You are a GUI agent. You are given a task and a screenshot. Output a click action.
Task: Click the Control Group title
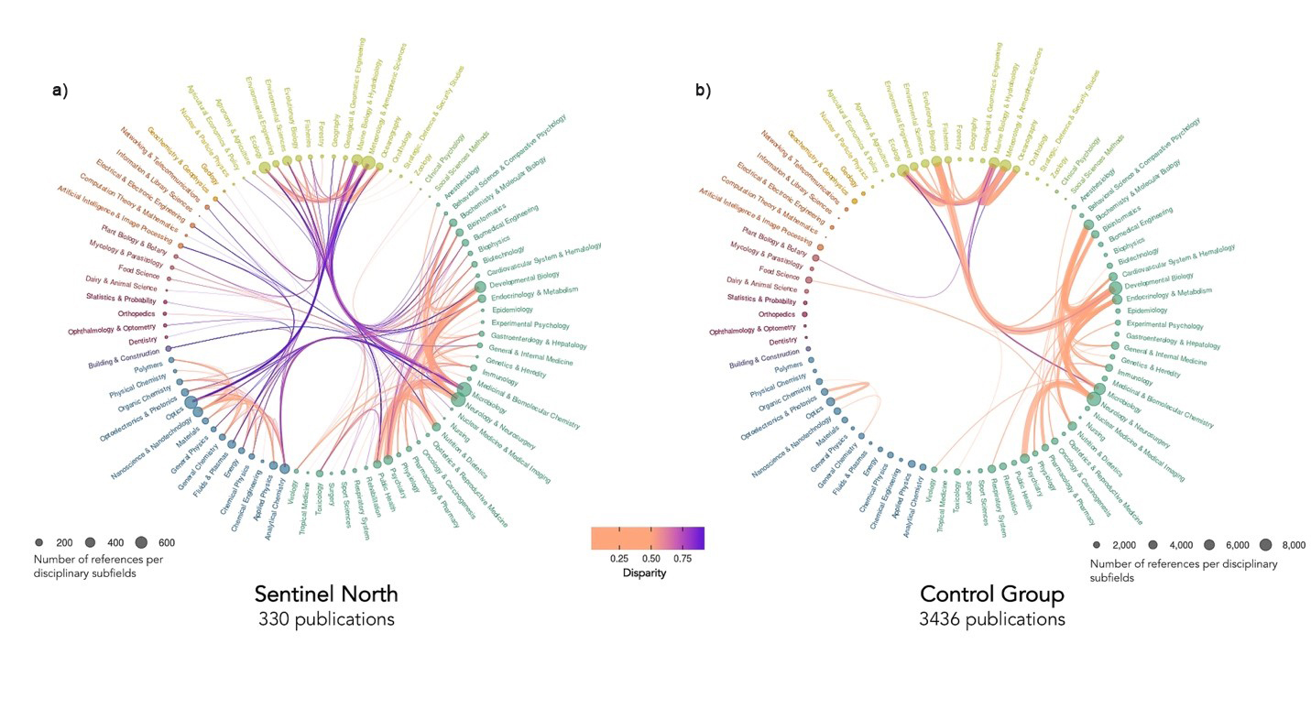pos(991,594)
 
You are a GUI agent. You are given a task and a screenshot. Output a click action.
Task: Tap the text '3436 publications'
pos(991,619)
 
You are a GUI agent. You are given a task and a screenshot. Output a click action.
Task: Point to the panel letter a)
pos(60,91)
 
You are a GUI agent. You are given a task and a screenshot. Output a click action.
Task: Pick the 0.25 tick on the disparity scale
pos(618,557)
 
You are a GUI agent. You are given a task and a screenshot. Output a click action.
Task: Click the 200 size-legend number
pos(65,543)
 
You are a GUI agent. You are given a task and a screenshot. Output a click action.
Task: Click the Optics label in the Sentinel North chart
pos(174,414)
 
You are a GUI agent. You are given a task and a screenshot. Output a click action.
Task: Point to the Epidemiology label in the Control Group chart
pos(1146,311)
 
